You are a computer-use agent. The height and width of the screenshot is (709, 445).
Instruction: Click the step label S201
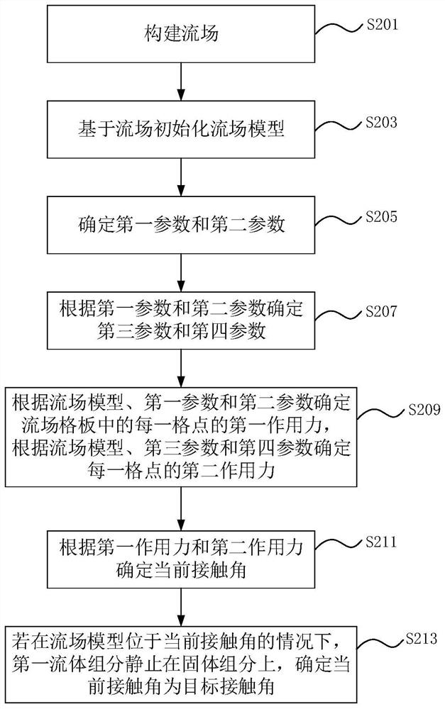[382, 24]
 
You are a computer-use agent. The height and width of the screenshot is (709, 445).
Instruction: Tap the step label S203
[382, 122]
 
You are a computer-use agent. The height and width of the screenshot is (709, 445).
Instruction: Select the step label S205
[382, 216]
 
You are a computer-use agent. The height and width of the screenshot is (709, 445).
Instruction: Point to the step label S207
[382, 311]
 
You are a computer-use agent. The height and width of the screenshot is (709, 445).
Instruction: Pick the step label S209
[424, 410]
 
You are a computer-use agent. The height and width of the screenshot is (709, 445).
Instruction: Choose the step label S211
[382, 541]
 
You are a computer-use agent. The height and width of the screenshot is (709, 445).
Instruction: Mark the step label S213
[421, 638]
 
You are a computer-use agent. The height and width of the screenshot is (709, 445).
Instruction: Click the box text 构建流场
[181, 34]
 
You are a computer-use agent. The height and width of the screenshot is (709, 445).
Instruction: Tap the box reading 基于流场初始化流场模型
[181, 129]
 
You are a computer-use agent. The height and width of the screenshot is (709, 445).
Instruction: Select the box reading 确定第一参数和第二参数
[181, 225]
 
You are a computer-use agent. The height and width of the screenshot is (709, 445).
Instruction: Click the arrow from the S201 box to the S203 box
[181, 82]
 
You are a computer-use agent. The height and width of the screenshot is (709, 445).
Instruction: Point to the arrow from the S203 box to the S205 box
[181, 177]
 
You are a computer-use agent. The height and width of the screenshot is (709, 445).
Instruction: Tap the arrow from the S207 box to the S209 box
[181, 368]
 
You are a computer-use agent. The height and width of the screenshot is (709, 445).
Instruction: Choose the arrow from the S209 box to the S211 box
[181, 509]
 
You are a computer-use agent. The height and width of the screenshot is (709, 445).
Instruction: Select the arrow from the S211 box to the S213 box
[181, 608]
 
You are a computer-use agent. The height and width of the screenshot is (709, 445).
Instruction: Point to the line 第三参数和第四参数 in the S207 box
[181, 331]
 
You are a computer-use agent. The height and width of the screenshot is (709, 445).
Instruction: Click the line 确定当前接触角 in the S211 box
[181, 570]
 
